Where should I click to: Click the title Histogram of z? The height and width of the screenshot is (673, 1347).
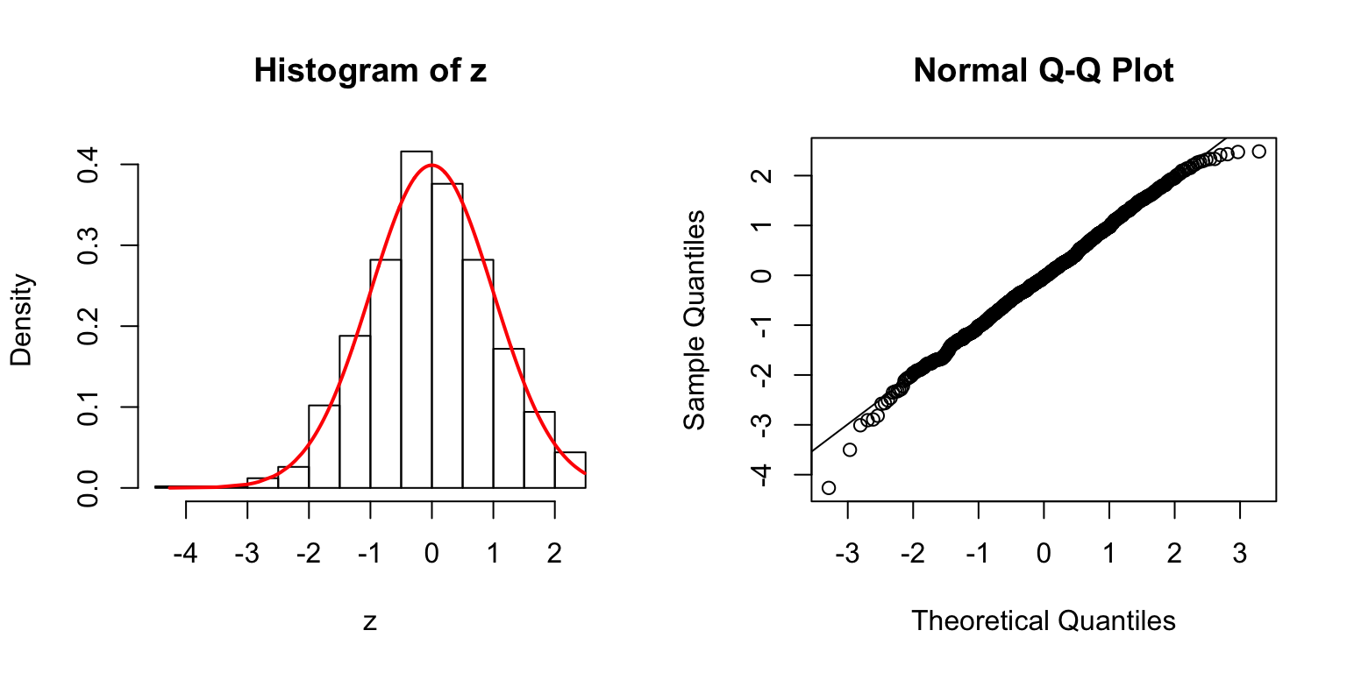click(370, 71)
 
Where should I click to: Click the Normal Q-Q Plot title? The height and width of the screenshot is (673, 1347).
click(1043, 71)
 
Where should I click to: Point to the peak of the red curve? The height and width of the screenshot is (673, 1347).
click(431, 165)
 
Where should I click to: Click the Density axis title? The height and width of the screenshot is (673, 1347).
click(21, 319)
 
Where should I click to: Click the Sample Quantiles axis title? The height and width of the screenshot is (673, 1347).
click(695, 319)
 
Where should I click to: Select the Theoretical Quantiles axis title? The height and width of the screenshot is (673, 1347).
click(1043, 620)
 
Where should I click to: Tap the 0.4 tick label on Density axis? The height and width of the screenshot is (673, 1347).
click(88, 165)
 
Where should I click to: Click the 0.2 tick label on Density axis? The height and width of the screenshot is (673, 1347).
click(88, 326)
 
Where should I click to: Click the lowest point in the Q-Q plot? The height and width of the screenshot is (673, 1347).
click(828, 487)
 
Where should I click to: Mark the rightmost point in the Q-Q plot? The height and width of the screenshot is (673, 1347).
click(1259, 152)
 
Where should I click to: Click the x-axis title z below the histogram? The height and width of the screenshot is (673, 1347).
click(370, 621)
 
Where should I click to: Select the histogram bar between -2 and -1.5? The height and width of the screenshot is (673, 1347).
click(324, 446)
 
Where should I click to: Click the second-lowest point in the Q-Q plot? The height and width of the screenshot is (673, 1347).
click(849, 450)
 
